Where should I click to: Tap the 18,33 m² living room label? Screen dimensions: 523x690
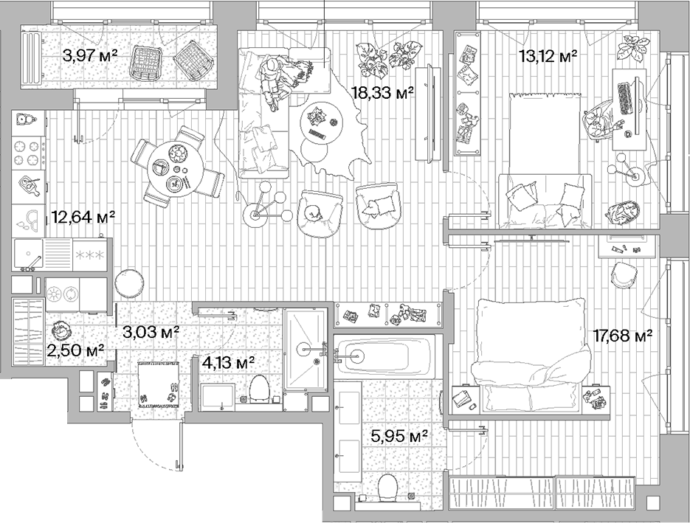point(382,91)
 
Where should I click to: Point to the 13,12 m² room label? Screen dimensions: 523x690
point(547,56)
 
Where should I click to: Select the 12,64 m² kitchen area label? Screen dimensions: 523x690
point(83,217)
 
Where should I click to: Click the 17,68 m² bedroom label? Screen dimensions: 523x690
point(623,336)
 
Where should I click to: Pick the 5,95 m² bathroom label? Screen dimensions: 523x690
point(399,436)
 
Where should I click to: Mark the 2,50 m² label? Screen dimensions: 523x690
point(75,350)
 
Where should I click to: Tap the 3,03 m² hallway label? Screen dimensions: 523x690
point(151,332)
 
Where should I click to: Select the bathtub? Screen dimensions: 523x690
point(385,356)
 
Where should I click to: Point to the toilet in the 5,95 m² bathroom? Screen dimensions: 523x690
point(386,488)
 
